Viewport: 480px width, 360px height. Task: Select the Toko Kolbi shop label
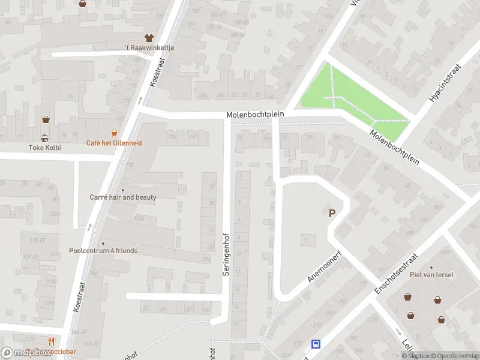point(45,147)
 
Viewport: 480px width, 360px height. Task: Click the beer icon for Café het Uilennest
point(114,133)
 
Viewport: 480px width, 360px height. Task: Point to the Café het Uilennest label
point(115,143)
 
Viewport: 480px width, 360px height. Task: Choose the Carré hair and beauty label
point(123,197)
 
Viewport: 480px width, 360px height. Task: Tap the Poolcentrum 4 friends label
point(103,250)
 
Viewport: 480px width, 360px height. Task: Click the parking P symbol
point(331,212)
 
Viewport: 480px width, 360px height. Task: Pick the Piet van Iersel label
point(431,275)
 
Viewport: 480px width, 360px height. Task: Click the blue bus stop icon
point(316,344)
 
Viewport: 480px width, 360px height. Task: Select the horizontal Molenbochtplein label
point(255,114)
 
